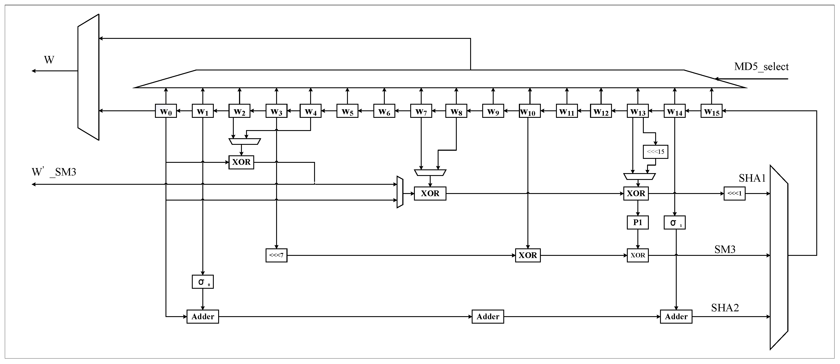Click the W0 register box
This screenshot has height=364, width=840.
pyautogui.click(x=166, y=111)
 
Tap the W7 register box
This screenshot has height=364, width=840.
pyautogui.click(x=421, y=111)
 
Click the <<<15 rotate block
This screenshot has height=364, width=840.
pyautogui.click(x=655, y=152)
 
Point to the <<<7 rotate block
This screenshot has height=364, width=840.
pyautogui.click(x=276, y=255)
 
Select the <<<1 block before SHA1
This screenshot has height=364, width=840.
pyautogui.click(x=734, y=194)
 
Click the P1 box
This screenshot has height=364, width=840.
pyautogui.click(x=637, y=222)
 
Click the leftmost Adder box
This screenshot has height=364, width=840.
pyautogui.click(x=203, y=316)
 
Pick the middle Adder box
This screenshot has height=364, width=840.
pyautogui.click(x=487, y=316)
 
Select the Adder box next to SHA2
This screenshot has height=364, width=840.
pyautogui.click(x=676, y=316)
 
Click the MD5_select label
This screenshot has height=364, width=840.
pyautogui.click(x=761, y=67)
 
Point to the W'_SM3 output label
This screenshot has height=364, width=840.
pyautogui.click(x=54, y=172)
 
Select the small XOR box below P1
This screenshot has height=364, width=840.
pyautogui.click(x=637, y=255)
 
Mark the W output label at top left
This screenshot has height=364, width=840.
pyautogui.click(x=49, y=60)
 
